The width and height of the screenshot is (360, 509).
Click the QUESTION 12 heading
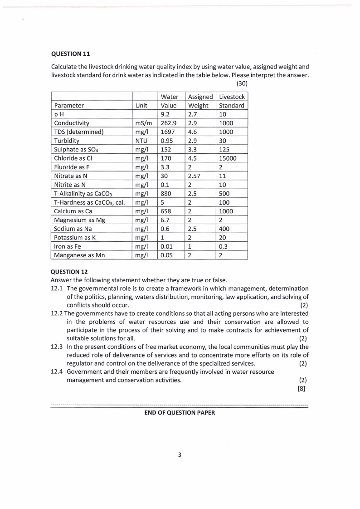click(70, 272)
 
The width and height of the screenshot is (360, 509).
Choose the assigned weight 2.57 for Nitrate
click(195, 176)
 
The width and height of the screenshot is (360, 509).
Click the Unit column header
click(141, 105)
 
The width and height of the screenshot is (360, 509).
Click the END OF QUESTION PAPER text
click(180, 412)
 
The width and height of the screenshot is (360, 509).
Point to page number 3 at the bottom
click(180, 455)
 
